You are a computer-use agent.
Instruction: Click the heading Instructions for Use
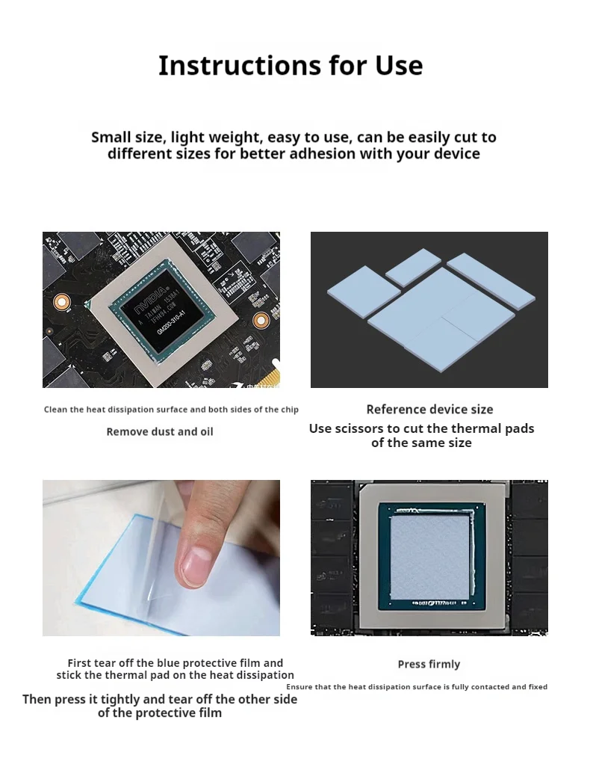click(291, 66)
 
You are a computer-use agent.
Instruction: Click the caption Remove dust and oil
click(160, 432)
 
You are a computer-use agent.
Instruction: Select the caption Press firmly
click(429, 665)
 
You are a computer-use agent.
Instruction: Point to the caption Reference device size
click(429, 410)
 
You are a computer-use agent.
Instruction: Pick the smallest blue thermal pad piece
click(413, 267)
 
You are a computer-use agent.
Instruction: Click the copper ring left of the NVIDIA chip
click(61, 302)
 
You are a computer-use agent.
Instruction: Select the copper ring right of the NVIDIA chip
click(261, 321)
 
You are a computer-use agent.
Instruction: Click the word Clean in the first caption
click(54, 410)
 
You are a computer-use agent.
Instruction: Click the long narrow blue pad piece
click(491, 281)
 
